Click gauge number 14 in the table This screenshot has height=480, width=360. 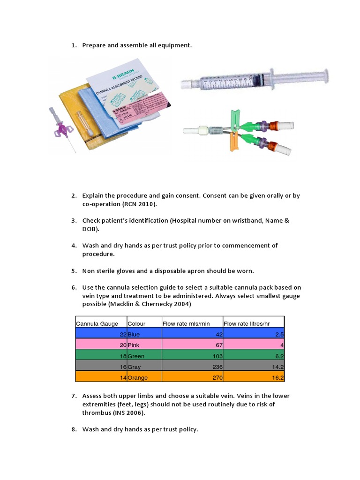tap(122, 377)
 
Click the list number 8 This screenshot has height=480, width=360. tap(74, 429)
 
